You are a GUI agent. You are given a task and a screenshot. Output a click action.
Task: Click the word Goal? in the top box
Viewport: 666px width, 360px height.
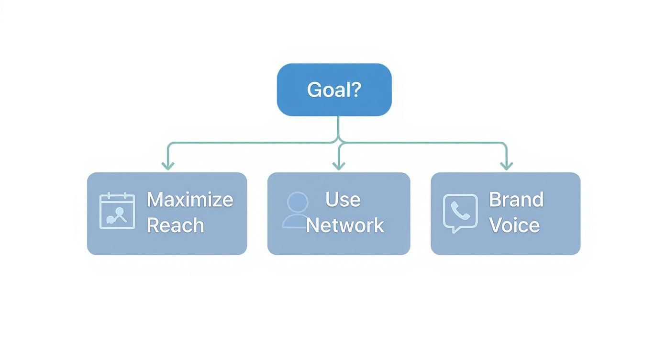tap(333, 90)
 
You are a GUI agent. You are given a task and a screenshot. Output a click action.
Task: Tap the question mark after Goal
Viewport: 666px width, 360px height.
tap(355, 90)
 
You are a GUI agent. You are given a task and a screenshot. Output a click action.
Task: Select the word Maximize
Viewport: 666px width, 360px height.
tap(189, 200)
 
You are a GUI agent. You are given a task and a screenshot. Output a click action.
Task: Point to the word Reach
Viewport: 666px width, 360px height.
tap(175, 225)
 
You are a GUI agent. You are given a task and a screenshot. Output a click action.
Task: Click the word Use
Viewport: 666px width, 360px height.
tap(343, 200)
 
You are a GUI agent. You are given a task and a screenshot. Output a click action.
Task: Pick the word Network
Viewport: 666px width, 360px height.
tap(344, 225)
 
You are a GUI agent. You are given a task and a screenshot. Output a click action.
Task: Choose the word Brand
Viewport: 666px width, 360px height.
tap(516, 200)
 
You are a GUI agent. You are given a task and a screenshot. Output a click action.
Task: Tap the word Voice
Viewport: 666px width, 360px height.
tap(514, 225)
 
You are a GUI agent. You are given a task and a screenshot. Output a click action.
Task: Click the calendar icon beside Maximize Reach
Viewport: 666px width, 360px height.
tap(117, 211)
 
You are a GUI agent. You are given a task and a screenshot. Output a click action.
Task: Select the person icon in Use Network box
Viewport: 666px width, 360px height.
tap(297, 210)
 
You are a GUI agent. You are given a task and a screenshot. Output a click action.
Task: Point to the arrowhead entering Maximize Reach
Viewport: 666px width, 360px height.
tap(167, 166)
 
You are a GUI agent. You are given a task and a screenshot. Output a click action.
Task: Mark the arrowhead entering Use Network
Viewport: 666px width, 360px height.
tap(339, 166)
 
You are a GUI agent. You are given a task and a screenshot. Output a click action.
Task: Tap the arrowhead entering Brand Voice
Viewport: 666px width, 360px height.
tap(506, 166)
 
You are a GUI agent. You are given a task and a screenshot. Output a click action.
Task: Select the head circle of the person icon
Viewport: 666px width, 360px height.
tap(298, 202)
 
